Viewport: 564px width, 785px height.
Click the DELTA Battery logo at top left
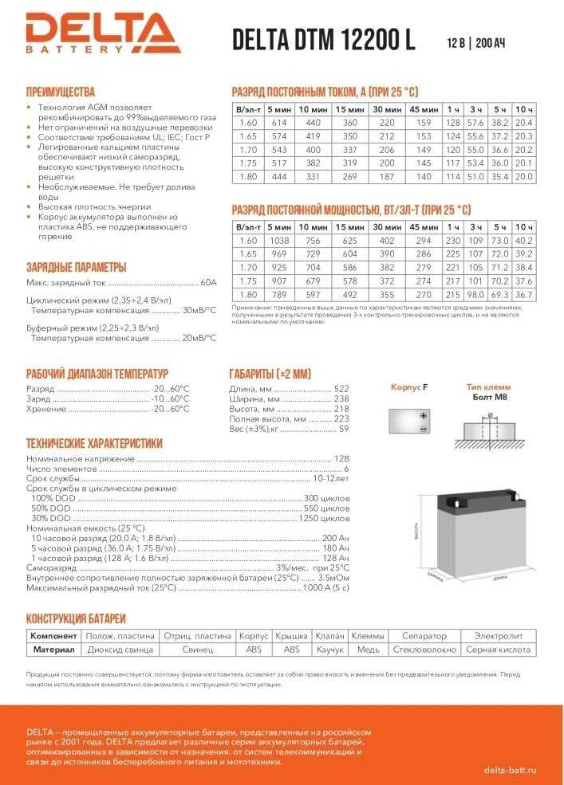pyautogui.click(x=102, y=33)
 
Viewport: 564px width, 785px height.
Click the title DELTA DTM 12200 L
pyautogui.click(x=323, y=40)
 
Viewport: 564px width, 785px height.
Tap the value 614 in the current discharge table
pyautogui.click(x=278, y=123)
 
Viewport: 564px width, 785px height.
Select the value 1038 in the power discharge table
pyautogui.click(x=278, y=240)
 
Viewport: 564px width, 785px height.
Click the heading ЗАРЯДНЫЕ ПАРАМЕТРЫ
pyautogui.click(x=76, y=267)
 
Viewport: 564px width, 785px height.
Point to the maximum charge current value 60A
pyautogui.click(x=208, y=282)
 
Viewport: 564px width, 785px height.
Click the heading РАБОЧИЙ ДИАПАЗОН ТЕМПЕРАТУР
pyautogui.click(x=97, y=374)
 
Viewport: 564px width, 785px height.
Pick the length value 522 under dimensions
pyautogui.click(x=341, y=388)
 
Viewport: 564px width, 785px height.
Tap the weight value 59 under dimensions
pyautogui.click(x=344, y=429)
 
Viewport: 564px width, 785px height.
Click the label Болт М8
pyautogui.click(x=490, y=396)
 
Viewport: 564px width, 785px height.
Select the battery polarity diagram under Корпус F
pyautogui.click(x=409, y=420)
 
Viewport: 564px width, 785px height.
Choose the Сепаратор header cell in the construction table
pyautogui.click(x=424, y=636)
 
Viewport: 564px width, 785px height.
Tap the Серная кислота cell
pyautogui.click(x=498, y=650)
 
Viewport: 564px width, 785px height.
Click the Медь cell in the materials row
pyautogui.click(x=368, y=650)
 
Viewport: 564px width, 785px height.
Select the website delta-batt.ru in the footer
pyautogui.click(x=510, y=769)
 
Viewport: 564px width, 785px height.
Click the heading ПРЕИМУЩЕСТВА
pyautogui.click(x=61, y=92)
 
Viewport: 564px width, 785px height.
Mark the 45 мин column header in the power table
pyautogui.click(x=423, y=227)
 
